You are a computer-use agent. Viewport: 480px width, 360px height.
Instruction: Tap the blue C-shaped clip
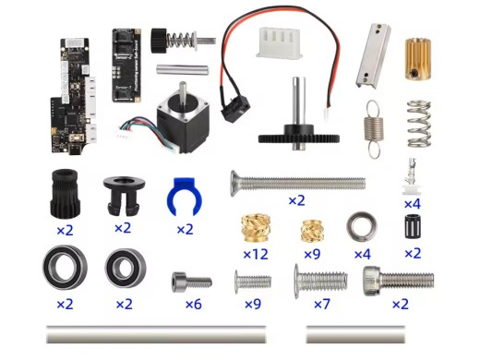point(184,195)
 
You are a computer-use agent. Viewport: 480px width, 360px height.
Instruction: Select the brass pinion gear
point(420,58)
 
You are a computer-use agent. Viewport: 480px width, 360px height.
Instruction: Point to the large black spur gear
point(296,136)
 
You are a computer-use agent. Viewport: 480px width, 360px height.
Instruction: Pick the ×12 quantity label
point(255,253)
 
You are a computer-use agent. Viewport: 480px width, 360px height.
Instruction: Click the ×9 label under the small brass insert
point(311,253)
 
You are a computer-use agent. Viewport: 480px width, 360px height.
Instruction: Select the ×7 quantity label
point(320,304)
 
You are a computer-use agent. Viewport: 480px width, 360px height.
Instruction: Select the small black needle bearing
point(412,226)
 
